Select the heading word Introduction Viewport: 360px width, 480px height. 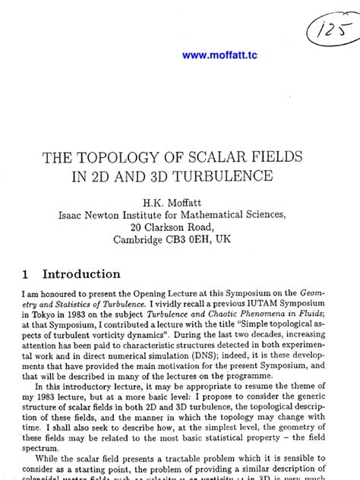click(81, 274)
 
